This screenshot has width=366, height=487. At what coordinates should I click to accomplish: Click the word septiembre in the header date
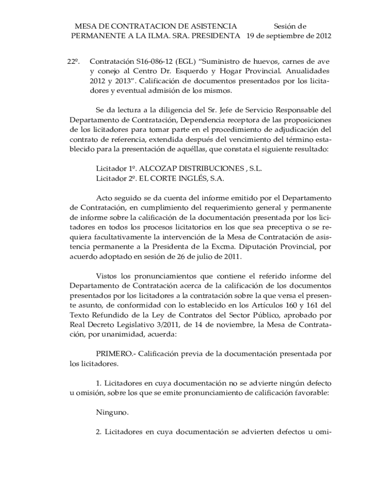(288, 36)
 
